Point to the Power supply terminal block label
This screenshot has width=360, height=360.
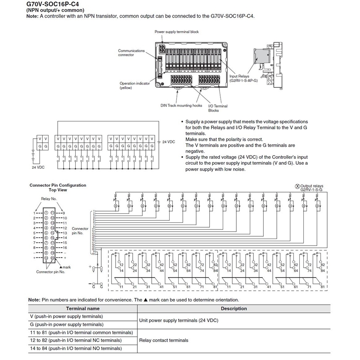(176, 32)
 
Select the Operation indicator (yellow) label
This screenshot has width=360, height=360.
(134, 85)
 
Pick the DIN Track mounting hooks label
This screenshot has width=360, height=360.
(181, 105)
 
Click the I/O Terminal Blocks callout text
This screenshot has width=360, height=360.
(218, 108)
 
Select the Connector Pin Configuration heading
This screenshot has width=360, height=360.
(58, 185)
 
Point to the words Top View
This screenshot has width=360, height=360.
(58, 190)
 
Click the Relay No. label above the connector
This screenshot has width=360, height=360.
(49, 198)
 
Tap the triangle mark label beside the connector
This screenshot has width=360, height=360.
(67, 267)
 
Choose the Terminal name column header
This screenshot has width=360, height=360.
(83, 309)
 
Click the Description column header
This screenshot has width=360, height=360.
(234, 309)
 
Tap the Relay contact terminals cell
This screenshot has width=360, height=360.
(164, 341)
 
